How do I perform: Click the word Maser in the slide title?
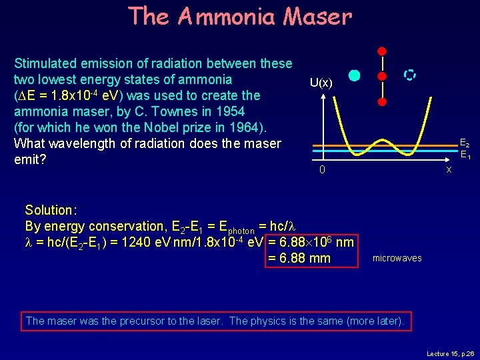(x=317, y=16)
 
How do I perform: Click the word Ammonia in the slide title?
(x=226, y=16)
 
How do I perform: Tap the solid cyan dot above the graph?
(x=355, y=76)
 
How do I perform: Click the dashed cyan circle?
(x=410, y=75)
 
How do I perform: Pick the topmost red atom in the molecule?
(x=382, y=51)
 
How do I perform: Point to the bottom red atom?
(x=382, y=102)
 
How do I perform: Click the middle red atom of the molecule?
(x=382, y=76)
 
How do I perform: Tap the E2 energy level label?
(x=464, y=143)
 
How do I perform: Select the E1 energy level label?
(x=464, y=154)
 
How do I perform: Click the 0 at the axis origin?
(x=322, y=170)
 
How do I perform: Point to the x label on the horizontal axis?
(x=449, y=169)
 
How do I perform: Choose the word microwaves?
(x=397, y=258)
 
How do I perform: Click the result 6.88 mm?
(x=299, y=258)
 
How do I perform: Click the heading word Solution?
(x=51, y=210)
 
